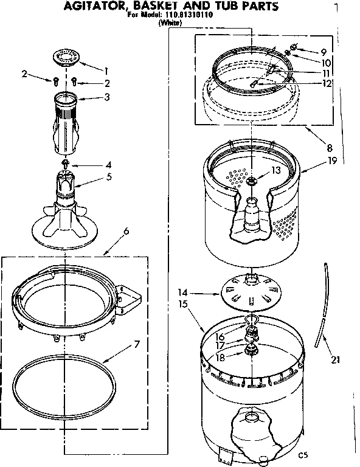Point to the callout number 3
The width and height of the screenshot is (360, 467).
point(108,97)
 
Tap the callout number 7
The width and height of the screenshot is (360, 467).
point(137,344)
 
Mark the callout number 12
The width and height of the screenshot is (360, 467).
point(327,84)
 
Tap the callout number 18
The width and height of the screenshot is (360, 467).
point(220,358)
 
